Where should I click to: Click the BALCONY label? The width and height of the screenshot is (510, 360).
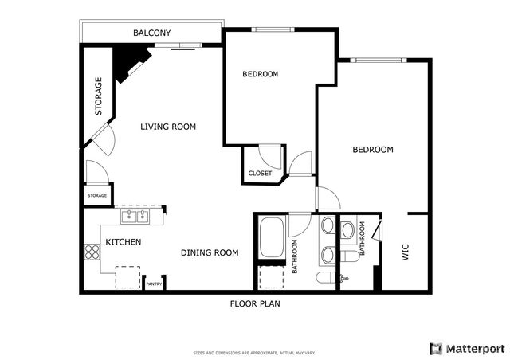(x=151, y=33)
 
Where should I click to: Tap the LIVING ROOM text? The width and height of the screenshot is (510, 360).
(x=168, y=127)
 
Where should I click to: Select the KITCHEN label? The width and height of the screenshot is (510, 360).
(x=124, y=242)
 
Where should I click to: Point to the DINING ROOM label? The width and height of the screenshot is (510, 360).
(x=210, y=252)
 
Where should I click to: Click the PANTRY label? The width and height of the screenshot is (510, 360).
(x=154, y=284)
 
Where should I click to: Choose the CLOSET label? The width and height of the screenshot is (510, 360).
(x=260, y=173)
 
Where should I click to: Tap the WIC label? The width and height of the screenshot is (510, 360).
(x=405, y=253)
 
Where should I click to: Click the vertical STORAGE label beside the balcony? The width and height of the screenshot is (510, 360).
(x=99, y=96)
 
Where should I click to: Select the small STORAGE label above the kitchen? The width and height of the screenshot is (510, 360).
(x=97, y=195)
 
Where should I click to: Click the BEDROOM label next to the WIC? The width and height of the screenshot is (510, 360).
(x=373, y=150)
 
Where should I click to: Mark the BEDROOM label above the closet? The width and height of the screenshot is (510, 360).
(x=260, y=74)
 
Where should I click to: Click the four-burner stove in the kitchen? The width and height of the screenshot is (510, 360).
(x=92, y=252)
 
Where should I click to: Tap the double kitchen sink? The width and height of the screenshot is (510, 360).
(x=135, y=215)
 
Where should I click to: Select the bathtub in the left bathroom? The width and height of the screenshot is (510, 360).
(x=271, y=237)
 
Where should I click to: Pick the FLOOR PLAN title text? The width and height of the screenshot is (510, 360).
(x=254, y=303)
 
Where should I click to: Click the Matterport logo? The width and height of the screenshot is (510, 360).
(x=467, y=348)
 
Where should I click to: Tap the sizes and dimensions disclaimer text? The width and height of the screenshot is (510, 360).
(x=254, y=352)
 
